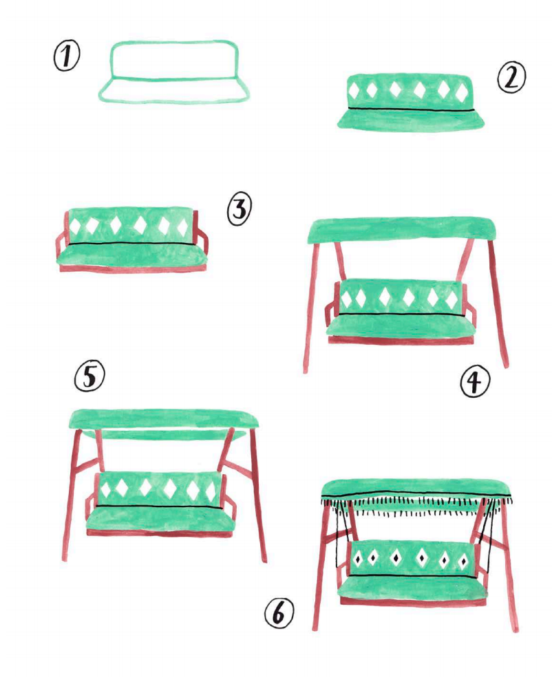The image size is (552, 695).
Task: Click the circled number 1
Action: click(x=67, y=56)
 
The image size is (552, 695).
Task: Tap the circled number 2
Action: click(x=511, y=77)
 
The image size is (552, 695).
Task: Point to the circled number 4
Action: click(x=474, y=383)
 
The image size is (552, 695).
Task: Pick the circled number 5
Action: click(x=89, y=376)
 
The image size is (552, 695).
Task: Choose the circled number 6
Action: click(x=279, y=613)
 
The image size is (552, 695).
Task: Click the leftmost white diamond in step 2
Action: click(x=354, y=91)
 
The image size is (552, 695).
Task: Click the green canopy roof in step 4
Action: click(x=401, y=230)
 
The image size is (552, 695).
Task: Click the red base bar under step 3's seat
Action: click(x=132, y=268)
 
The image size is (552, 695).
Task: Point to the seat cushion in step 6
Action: click(x=413, y=587)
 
